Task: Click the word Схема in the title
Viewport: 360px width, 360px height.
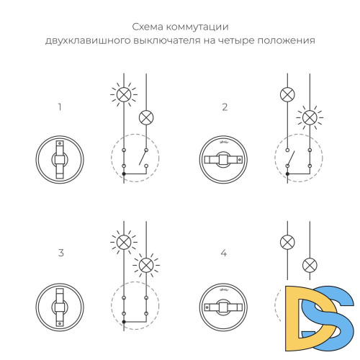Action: [148, 27]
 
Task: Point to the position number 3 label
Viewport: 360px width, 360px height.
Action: [60, 253]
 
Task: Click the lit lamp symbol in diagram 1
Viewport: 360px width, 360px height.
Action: [124, 94]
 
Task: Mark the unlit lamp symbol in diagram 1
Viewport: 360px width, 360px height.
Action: [146, 115]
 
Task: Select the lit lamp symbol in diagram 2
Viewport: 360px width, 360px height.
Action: [310, 115]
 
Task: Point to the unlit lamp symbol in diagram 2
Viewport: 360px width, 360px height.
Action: [287, 94]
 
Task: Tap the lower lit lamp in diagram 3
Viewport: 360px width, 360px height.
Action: [146, 264]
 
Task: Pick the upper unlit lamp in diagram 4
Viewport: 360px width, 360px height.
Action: [287, 242]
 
